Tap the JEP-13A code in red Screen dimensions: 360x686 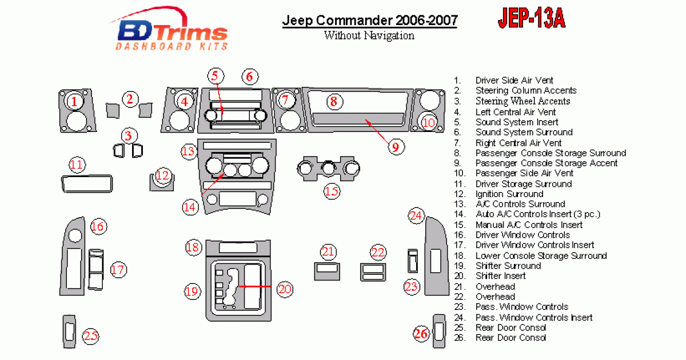(531, 19)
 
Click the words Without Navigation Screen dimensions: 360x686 (369, 35)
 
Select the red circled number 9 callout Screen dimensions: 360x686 (394, 147)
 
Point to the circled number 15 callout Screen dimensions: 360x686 (332, 191)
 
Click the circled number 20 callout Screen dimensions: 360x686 (285, 289)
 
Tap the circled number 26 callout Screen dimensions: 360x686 (421, 334)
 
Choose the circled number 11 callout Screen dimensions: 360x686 (77, 166)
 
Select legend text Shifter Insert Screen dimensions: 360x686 (500, 276)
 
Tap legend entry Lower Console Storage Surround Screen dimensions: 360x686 (541, 255)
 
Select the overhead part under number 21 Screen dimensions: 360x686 (328, 270)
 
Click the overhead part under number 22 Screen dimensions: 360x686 (373, 271)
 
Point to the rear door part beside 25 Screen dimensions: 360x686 (69, 331)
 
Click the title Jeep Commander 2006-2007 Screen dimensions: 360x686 (369, 21)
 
